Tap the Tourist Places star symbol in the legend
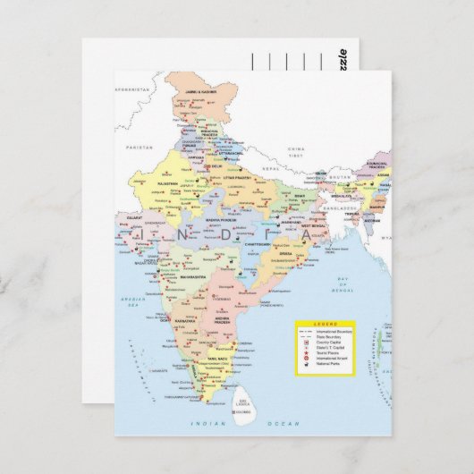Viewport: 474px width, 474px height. coord(307,351)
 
